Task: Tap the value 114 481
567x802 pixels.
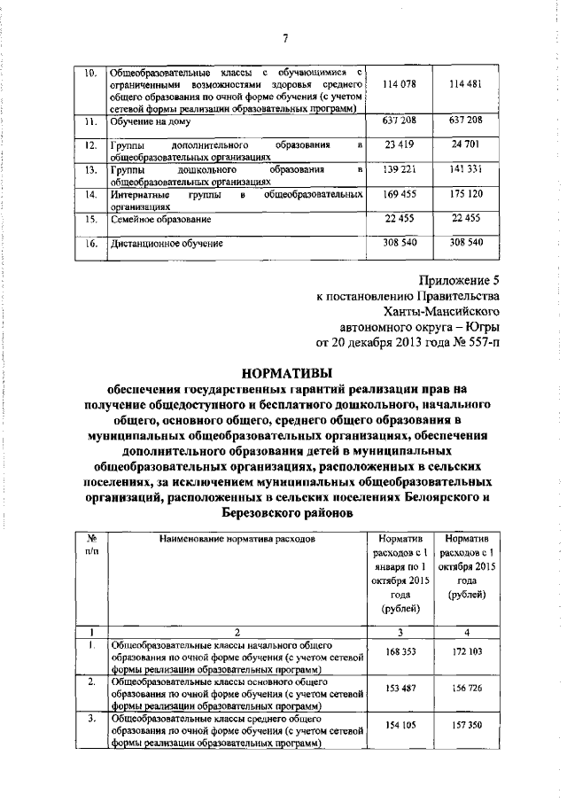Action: tap(466, 84)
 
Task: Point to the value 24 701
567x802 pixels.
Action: tap(466, 143)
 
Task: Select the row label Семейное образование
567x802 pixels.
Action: tap(160, 218)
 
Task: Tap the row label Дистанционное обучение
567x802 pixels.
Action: tap(167, 242)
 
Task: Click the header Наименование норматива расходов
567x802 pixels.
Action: tap(237, 538)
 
